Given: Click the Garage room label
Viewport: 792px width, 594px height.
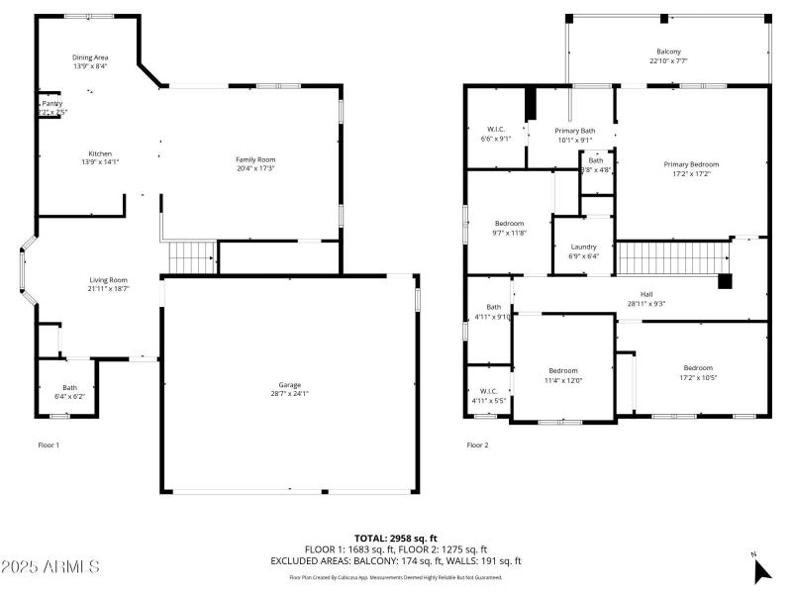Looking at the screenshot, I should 289,384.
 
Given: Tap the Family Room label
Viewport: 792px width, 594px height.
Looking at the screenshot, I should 254,159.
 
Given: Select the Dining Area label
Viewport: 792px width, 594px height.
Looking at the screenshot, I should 89,57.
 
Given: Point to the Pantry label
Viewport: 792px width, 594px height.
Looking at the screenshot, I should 50,103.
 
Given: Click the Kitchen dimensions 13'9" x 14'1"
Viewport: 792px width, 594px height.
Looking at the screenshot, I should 101,162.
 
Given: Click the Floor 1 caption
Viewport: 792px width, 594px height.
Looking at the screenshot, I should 49,445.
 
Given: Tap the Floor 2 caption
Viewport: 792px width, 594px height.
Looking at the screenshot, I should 477,445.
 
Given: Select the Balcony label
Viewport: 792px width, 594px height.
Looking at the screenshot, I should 668,51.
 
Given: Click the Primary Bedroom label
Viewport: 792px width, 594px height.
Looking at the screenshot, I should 691,164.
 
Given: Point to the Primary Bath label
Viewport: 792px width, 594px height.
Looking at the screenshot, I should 574,131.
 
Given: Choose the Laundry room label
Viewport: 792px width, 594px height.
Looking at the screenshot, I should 583,247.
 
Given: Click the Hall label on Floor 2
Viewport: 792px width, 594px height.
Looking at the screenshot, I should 646,294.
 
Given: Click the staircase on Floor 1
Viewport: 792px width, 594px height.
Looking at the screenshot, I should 191,256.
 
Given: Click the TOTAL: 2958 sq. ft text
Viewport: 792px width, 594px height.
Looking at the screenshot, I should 396,538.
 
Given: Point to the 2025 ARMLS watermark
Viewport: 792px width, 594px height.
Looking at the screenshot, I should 50,567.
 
